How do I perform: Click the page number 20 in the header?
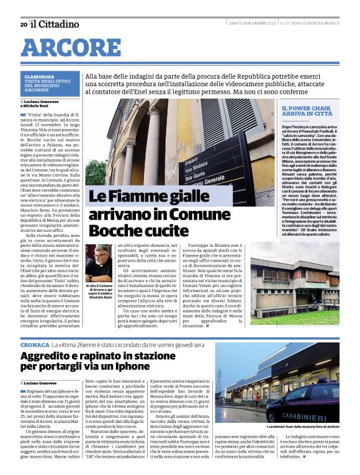click(x=24, y=25)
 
